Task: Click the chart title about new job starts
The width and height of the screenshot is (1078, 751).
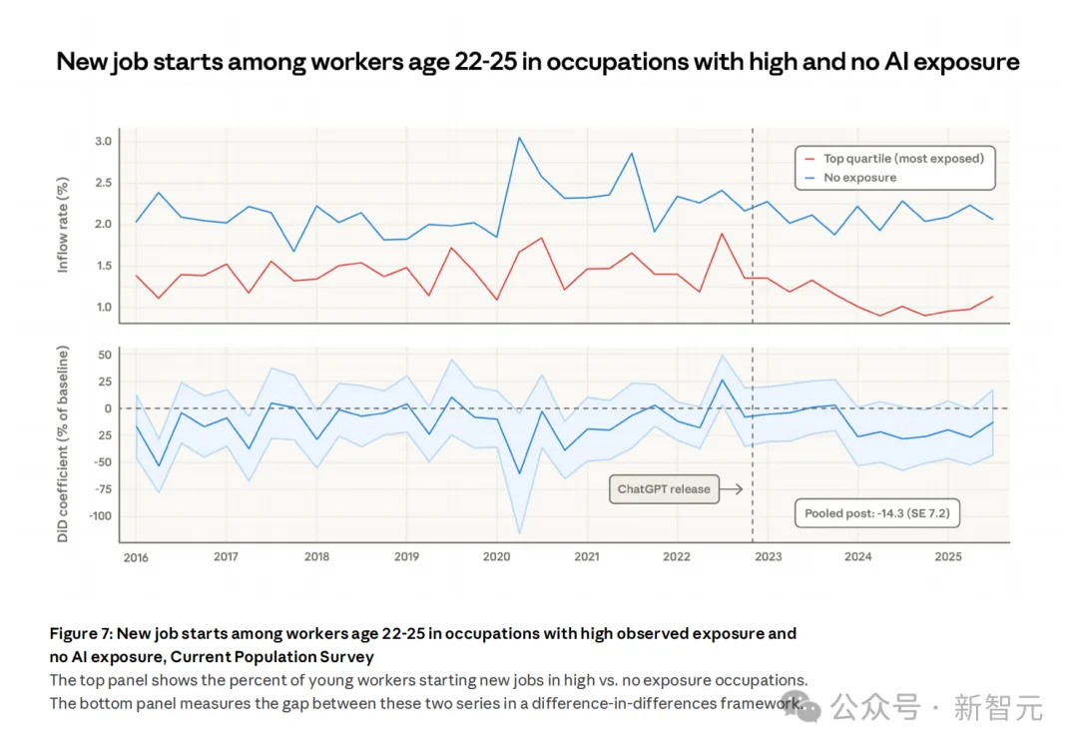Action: (538, 62)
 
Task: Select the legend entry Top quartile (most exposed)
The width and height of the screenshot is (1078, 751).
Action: (902, 158)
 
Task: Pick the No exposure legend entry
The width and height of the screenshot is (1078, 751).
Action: (859, 178)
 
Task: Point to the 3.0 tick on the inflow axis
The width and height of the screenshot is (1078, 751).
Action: (103, 142)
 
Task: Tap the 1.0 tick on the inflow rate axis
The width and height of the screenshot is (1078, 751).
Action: (103, 307)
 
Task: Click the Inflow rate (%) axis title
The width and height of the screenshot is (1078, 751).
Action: (64, 226)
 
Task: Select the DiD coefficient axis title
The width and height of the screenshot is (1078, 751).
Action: (64, 444)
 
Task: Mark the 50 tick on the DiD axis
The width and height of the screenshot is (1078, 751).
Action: (103, 356)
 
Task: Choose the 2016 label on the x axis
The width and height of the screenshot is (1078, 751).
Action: (136, 557)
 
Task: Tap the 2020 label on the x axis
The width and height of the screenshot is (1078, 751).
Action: (496, 557)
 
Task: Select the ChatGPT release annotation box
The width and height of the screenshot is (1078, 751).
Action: (664, 489)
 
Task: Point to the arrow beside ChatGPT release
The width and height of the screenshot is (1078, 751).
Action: (732, 489)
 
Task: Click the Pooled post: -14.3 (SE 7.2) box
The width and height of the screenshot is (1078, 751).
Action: (875, 514)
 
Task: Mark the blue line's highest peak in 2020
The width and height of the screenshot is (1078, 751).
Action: (519, 138)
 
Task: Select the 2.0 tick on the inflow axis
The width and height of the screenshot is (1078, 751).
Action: (103, 224)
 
